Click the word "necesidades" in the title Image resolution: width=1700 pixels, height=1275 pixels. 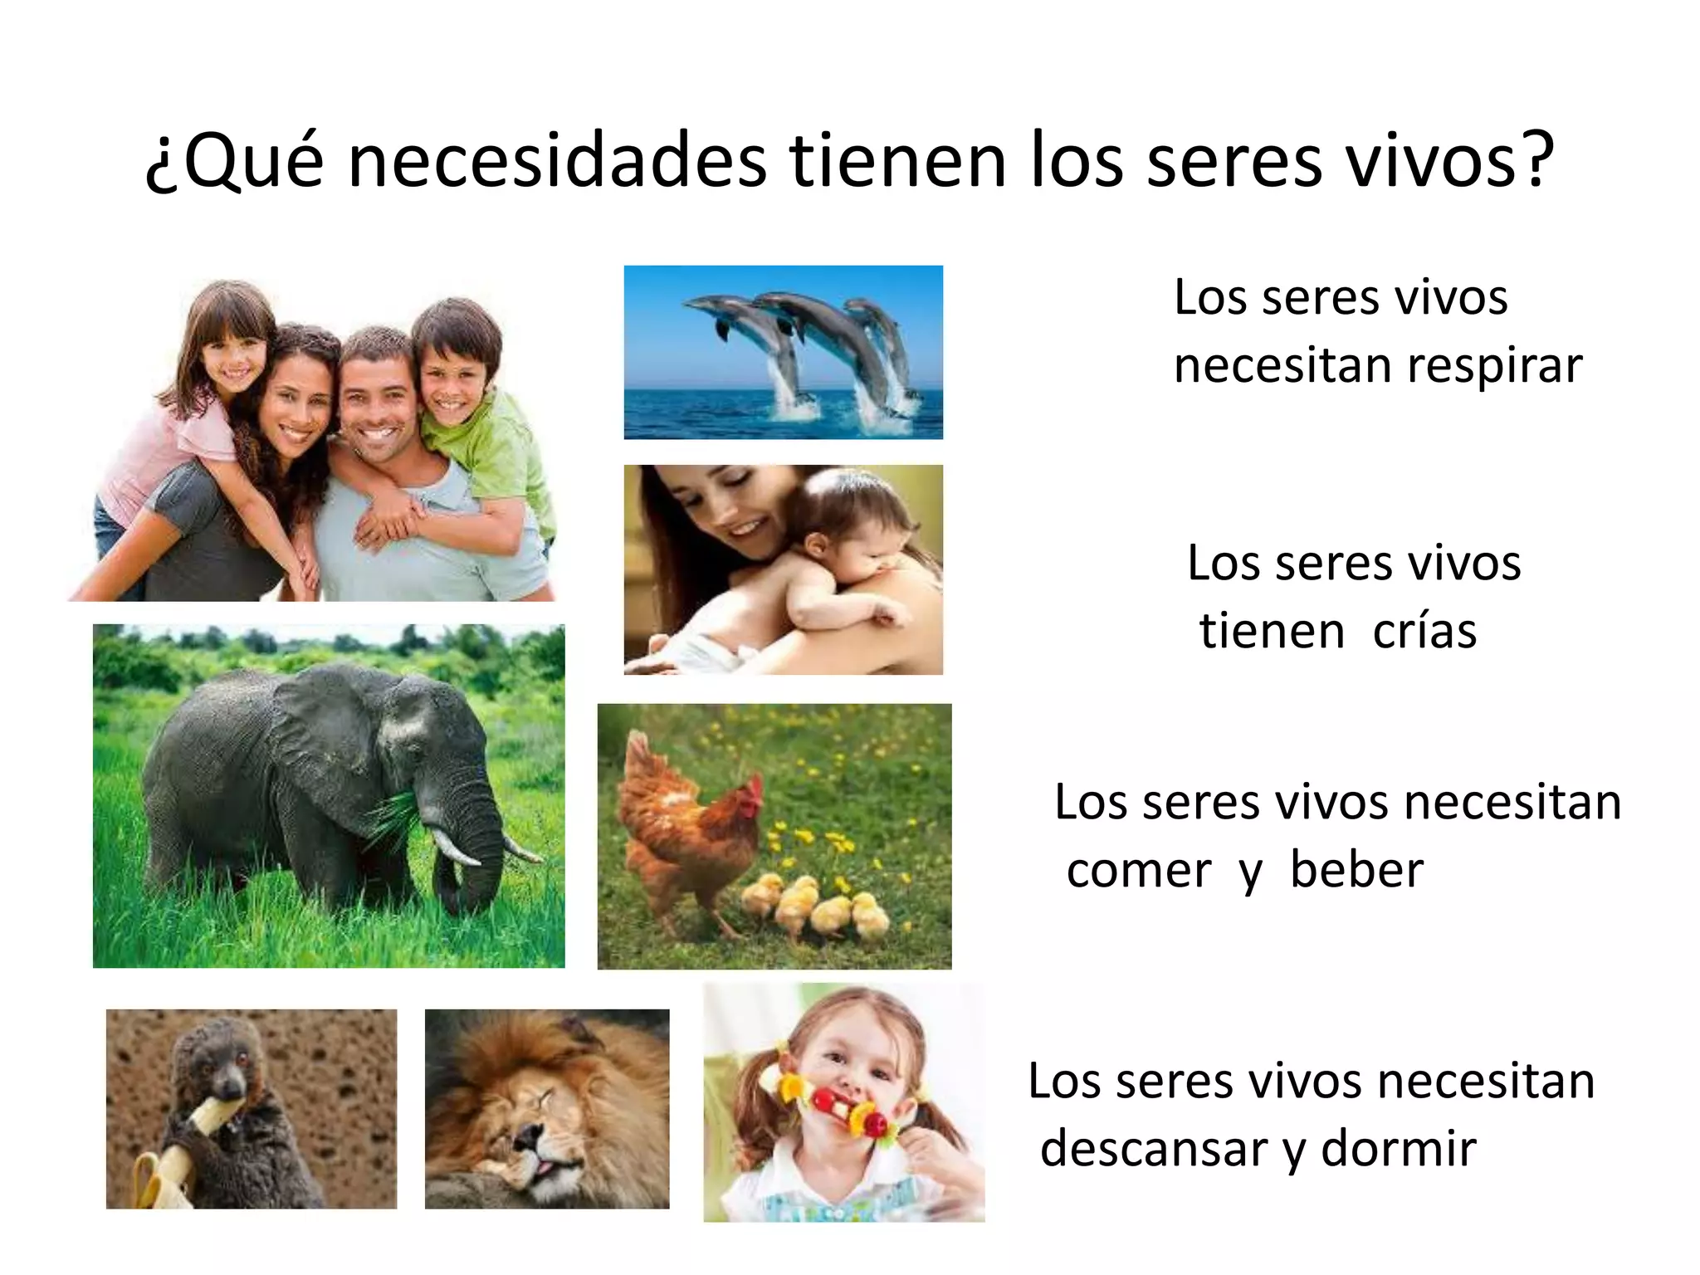point(557,162)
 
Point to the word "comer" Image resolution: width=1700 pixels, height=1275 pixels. point(1139,872)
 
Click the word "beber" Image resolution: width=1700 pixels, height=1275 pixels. point(1356,872)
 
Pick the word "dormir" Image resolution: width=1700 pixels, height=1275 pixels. point(1399,1150)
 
